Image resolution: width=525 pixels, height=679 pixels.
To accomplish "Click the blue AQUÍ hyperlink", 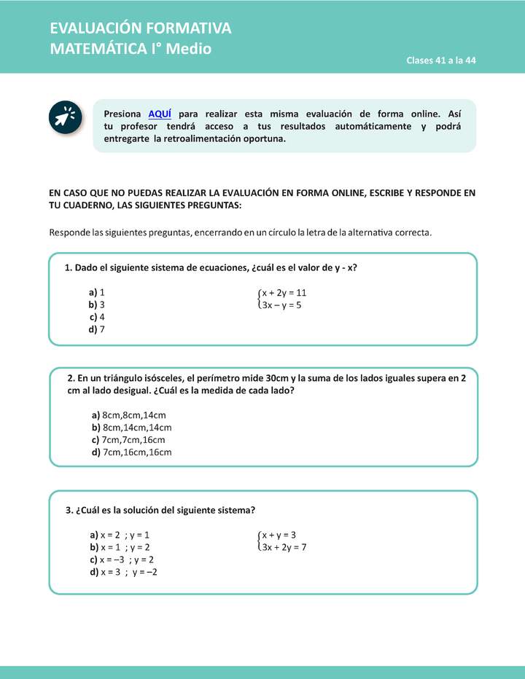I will pos(160,114).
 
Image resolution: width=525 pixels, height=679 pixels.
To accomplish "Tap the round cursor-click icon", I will pos(66,117).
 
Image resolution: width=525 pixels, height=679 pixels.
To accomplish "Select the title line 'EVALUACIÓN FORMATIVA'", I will pos(141,28).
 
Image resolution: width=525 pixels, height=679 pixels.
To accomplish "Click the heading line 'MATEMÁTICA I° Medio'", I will pos(131,49).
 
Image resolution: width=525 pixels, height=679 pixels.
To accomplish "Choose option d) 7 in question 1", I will pos(98,329).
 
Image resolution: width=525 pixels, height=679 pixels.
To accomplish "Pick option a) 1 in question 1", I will pos(98,292).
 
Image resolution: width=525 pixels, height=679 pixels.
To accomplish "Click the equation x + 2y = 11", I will pos(284,293).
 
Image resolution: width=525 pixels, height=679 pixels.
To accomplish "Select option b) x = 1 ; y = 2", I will pos(120,547).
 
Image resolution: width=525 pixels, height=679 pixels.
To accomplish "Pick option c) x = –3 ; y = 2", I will pos(122,560).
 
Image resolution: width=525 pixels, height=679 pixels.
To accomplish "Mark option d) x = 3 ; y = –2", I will pos(124,572).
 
